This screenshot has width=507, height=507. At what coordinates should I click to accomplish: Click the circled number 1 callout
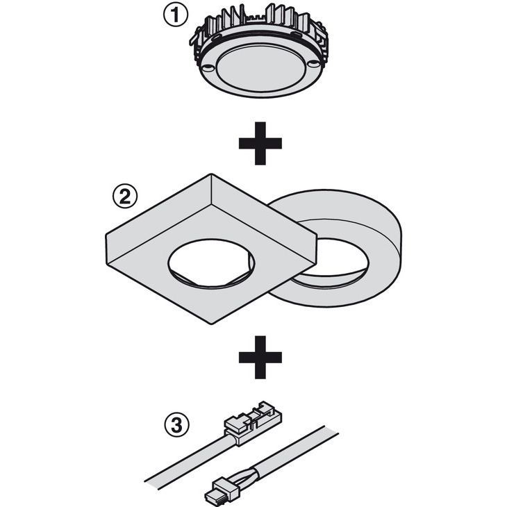pos(175,15)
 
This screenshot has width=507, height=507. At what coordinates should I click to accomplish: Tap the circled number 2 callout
pos(125,197)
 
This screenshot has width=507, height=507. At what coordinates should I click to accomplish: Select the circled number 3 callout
pos(176,424)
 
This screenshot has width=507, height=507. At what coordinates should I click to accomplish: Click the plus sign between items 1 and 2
pos(260,143)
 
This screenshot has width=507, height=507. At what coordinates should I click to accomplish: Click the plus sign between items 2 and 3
pos(260,357)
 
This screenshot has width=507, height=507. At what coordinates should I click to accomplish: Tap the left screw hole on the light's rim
pos(208,68)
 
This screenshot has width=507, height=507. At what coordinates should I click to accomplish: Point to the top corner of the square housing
pos(211,174)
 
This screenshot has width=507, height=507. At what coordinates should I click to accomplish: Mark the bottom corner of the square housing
pos(211,324)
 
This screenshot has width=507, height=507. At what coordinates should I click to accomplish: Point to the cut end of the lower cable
pos(331,430)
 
